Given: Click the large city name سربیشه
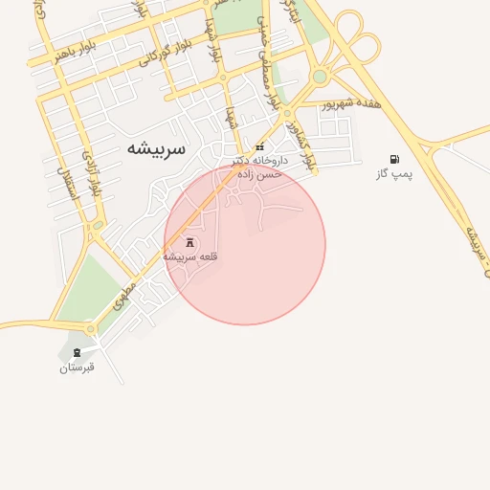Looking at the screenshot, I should click(158, 149).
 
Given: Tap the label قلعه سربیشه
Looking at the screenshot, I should click(191, 256).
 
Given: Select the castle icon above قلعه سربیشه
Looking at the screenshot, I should click(189, 242).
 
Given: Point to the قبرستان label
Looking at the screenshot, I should click(78, 367).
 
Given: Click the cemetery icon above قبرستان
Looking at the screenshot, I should click(77, 352).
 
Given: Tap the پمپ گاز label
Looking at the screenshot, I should click(394, 174).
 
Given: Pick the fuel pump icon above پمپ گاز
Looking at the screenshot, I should click(394, 159).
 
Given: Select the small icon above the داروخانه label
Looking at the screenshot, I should click(259, 147).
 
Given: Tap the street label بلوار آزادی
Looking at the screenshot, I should click(90, 172).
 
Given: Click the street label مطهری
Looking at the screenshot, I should click(124, 293).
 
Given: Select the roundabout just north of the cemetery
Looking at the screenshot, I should click(92, 329).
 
